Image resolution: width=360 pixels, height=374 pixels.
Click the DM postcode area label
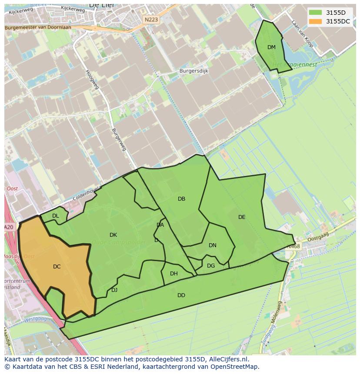[x=271, y=47]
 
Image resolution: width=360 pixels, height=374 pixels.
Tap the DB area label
[x=182, y=199]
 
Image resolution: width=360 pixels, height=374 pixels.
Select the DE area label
[x=242, y=217]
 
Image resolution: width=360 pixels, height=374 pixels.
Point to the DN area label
[x=213, y=245]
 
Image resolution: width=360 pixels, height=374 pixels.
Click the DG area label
[x=211, y=266]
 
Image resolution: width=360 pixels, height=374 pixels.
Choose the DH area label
[x=174, y=274]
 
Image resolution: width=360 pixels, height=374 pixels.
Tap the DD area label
[x=181, y=295]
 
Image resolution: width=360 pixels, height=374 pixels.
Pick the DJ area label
[x=114, y=290]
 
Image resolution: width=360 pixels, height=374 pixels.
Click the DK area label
[x=113, y=235]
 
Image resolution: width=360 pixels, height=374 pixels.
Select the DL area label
[x=56, y=216]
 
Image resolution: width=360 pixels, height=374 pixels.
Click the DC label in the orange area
[x=57, y=267]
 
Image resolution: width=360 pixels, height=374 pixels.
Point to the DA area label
[x=160, y=225]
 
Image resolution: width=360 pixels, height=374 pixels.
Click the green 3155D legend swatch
[x=315, y=13]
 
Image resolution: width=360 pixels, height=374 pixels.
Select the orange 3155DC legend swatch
[x=315, y=21]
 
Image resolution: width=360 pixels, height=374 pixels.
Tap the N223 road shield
[x=152, y=20]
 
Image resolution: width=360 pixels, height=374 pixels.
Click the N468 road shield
[x=293, y=247]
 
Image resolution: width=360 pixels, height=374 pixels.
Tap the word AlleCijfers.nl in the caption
[x=227, y=359]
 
